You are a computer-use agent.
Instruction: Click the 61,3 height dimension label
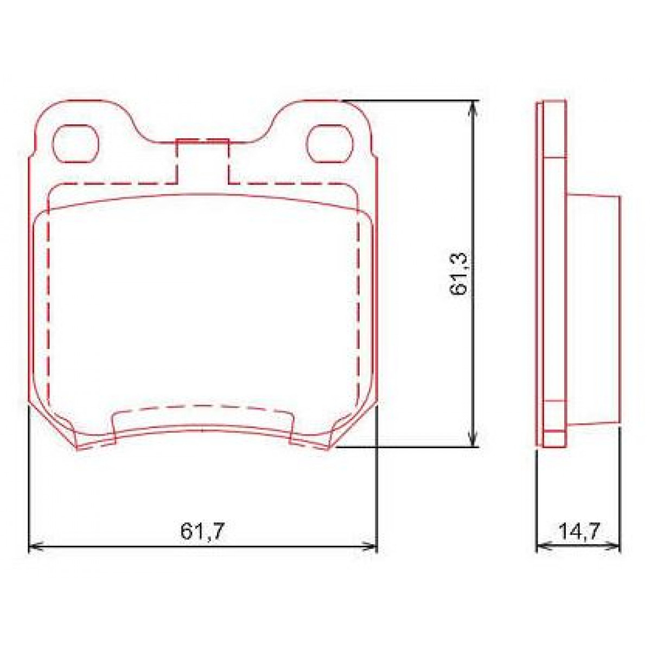coord(458,274)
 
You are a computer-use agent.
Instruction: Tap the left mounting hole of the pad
coord(75,143)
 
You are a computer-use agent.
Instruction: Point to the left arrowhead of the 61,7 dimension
coord(34,547)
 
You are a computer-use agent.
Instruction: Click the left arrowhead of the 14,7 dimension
coord(541,547)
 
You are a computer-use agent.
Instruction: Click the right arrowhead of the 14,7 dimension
coord(615,547)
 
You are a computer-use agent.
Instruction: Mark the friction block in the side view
coord(593,309)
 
